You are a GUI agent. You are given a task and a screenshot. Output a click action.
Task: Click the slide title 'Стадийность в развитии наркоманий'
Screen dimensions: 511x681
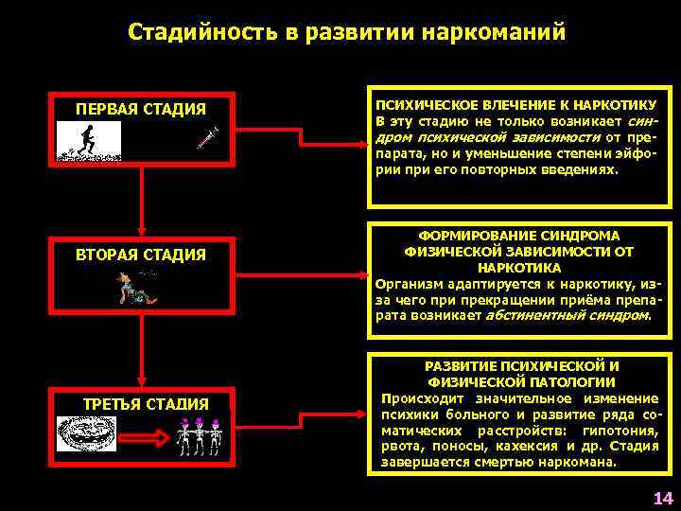pos(346,32)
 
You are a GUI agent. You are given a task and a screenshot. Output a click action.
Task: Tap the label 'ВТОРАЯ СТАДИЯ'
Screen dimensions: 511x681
pos(141,255)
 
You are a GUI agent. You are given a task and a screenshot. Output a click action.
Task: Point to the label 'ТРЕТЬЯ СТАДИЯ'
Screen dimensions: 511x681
pos(146,404)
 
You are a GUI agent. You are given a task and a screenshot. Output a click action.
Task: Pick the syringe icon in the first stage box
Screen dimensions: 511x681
pos(207,138)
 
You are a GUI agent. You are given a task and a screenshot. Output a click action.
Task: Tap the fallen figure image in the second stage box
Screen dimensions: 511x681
pos(137,286)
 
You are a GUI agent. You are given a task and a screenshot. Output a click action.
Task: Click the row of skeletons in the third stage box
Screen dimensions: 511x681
pos(201,437)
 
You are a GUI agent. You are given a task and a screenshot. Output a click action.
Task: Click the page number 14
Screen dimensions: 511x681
pos(661,498)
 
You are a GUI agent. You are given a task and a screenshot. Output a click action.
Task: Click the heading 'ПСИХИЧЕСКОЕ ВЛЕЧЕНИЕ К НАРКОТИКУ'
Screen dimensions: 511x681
pos(516,104)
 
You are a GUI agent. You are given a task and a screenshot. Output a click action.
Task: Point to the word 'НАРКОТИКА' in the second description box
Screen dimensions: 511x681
pos(518,268)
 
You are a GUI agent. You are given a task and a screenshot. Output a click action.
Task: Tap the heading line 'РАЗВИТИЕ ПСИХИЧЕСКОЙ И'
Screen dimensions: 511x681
pos(521,365)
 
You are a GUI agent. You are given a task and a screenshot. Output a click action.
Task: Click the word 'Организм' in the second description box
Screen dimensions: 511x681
pos(405,283)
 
